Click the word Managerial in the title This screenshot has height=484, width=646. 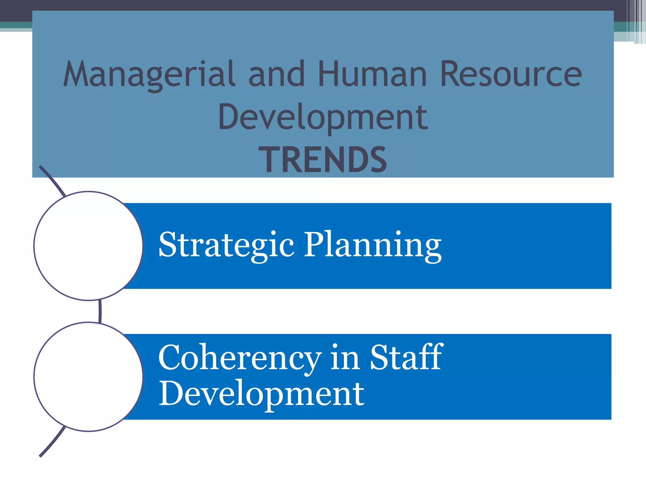point(149,75)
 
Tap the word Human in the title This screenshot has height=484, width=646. point(372,74)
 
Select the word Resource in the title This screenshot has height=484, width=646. point(511,74)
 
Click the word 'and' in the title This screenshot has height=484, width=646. point(277,74)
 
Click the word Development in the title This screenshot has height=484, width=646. point(323,117)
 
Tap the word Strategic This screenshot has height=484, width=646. point(226,245)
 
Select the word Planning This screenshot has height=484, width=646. point(372,245)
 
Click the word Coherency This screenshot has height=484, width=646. point(240,358)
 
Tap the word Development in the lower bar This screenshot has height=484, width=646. point(261,394)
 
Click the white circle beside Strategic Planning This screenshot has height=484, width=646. point(88,246)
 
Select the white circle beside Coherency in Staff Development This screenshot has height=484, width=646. point(88,377)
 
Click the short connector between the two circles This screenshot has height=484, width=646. point(100,311)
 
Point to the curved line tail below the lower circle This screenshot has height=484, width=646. point(52,443)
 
